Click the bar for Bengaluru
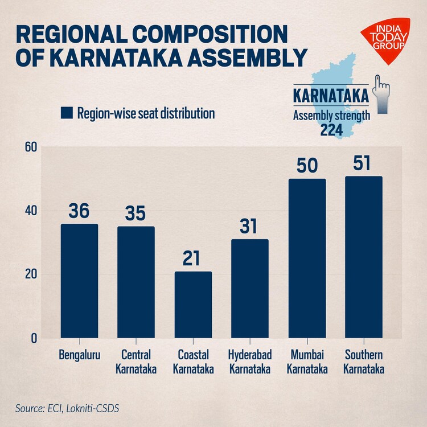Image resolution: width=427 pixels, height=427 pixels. [79, 281]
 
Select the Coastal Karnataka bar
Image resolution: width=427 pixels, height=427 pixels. [193, 305]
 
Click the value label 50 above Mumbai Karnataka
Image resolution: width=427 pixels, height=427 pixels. [307, 166]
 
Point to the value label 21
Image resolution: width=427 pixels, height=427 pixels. [193, 258]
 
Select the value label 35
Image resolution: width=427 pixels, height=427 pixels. [136, 213]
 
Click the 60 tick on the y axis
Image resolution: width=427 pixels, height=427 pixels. [31, 147]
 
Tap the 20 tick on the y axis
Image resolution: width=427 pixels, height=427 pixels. [31, 274]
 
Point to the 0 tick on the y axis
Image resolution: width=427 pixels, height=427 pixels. [34, 338]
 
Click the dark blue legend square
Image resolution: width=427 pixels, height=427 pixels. [67, 113]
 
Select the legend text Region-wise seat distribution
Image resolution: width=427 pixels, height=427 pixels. [146, 113]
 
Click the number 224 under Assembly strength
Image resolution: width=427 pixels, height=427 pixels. [331, 130]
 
